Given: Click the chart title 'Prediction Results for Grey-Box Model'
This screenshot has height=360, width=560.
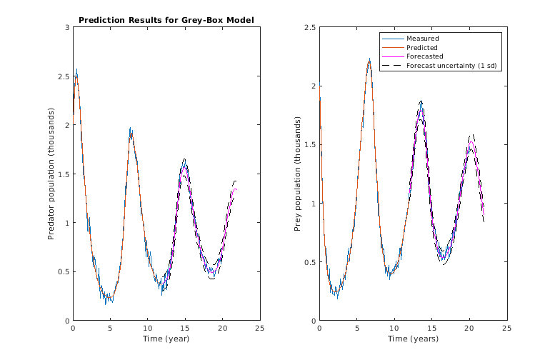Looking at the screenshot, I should coord(166,20).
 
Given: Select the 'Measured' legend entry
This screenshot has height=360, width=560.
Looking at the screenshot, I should coord(422,38).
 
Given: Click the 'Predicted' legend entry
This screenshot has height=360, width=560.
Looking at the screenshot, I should coord(422,47).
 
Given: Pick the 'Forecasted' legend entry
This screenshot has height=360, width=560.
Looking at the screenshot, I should coord(424,56).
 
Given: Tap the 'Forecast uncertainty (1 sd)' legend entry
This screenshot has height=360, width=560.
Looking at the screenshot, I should coord(451,66).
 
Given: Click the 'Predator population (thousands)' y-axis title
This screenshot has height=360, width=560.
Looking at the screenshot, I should coord(51,174).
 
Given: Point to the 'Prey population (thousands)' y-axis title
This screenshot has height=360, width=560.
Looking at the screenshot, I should coord(298,174).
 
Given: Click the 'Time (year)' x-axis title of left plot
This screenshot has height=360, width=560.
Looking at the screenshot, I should coord(166,339).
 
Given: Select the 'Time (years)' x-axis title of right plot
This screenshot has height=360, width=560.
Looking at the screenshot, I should coord(413,339).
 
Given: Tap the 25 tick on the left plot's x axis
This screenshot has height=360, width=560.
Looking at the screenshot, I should coord(259,328).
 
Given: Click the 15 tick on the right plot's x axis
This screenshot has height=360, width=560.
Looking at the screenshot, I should coord(431,328).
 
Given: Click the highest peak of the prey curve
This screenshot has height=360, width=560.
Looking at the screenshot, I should coord(369,60).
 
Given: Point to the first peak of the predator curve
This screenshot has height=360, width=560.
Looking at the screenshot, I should coord(76,71).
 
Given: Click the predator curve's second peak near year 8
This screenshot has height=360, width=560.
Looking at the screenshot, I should coord(131,129).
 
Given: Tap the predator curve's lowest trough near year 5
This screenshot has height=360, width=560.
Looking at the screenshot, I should coord(106,302).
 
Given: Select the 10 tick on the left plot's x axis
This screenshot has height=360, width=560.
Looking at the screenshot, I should coord(148,328).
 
